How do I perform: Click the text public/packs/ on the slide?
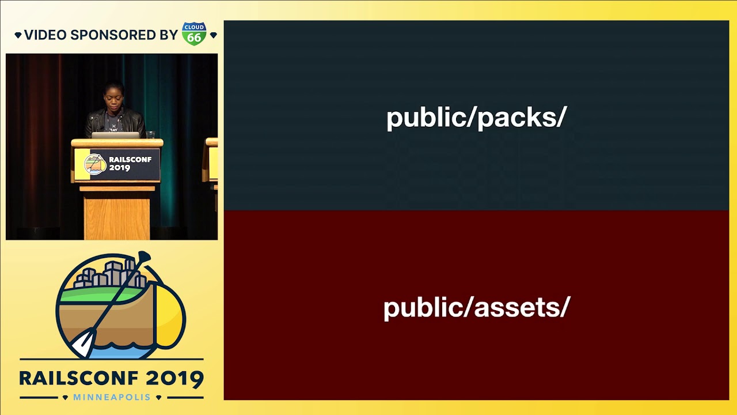[476, 118]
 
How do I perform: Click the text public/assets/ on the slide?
[477, 308]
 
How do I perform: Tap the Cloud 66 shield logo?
[194, 33]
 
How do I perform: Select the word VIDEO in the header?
[45, 35]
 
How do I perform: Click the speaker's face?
[113, 98]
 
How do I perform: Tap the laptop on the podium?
[115, 135]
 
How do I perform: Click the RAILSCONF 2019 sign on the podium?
[117, 164]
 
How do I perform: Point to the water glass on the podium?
[150, 134]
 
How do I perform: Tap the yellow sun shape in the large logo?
[169, 317]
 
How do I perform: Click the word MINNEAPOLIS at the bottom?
[112, 397]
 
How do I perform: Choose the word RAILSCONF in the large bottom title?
[79, 379]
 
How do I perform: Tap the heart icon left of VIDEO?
[18, 35]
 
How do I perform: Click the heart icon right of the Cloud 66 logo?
[214, 35]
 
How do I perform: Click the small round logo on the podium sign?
[95, 164]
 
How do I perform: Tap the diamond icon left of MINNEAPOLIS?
[65, 398]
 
